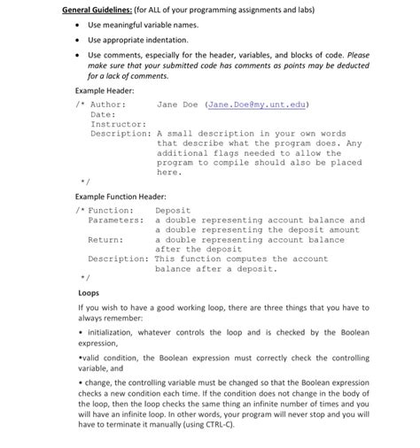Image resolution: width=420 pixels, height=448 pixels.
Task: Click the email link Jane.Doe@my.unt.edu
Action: [x=256, y=104]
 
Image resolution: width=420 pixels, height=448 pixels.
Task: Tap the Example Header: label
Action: [x=105, y=91]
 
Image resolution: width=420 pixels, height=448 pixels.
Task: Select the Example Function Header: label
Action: [x=121, y=196]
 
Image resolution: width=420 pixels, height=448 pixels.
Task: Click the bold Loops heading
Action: [x=89, y=291]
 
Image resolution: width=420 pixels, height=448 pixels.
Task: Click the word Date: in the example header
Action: [x=103, y=114]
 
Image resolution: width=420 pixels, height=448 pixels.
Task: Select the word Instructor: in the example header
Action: [x=118, y=124]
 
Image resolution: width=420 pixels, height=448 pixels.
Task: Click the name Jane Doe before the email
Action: [x=177, y=104]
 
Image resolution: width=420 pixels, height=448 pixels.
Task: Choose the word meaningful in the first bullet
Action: [x=121, y=25]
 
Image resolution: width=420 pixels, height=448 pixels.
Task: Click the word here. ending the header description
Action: [x=168, y=173]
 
